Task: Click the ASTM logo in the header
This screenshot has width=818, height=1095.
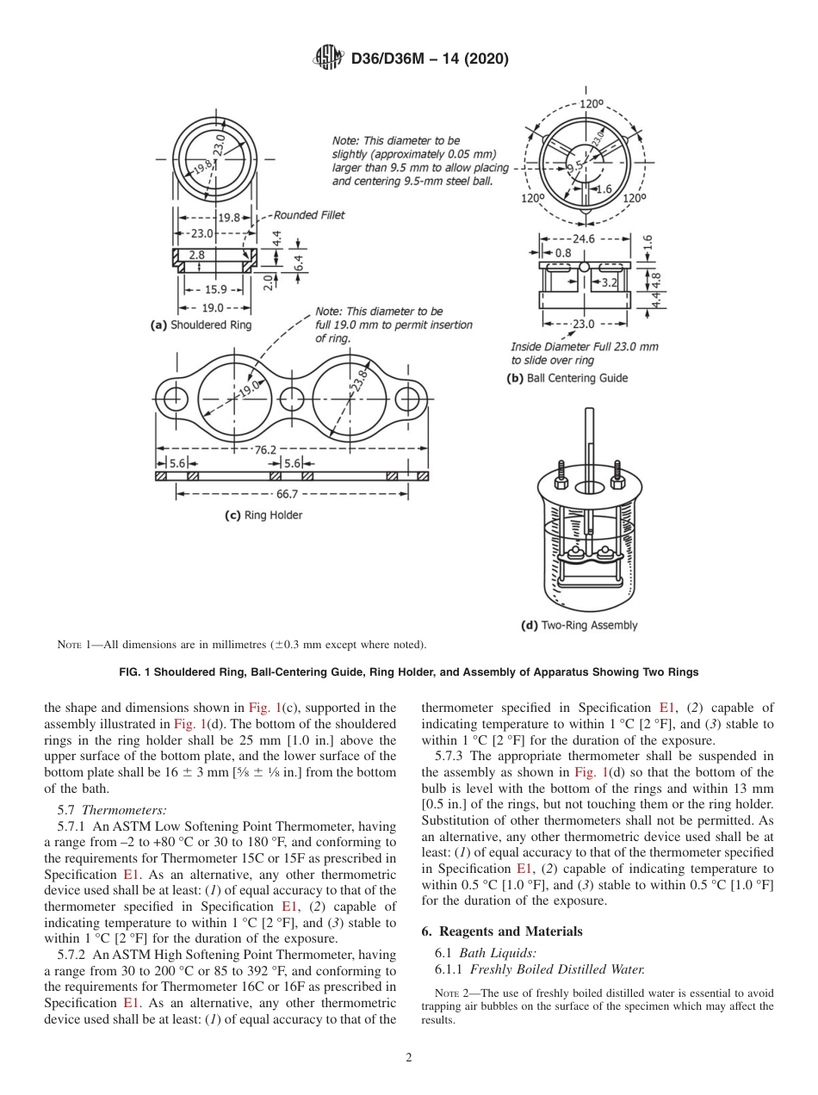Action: [x=327, y=59]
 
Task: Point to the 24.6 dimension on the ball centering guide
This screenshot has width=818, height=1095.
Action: [x=585, y=238]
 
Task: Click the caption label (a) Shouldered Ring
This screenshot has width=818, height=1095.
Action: [x=201, y=325]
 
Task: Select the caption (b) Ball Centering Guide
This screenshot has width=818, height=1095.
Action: [x=567, y=378]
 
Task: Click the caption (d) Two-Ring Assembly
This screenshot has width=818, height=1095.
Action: [x=579, y=625]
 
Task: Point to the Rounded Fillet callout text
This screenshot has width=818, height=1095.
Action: [x=308, y=215]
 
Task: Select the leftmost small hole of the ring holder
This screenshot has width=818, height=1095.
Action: [x=176, y=399]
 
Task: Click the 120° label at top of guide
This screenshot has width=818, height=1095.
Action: [x=591, y=103]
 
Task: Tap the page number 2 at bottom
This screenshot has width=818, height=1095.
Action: [x=409, y=1058]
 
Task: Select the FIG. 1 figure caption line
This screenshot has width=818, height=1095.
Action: [x=409, y=671]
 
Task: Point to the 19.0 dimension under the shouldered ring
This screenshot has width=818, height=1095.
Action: [x=212, y=307]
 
